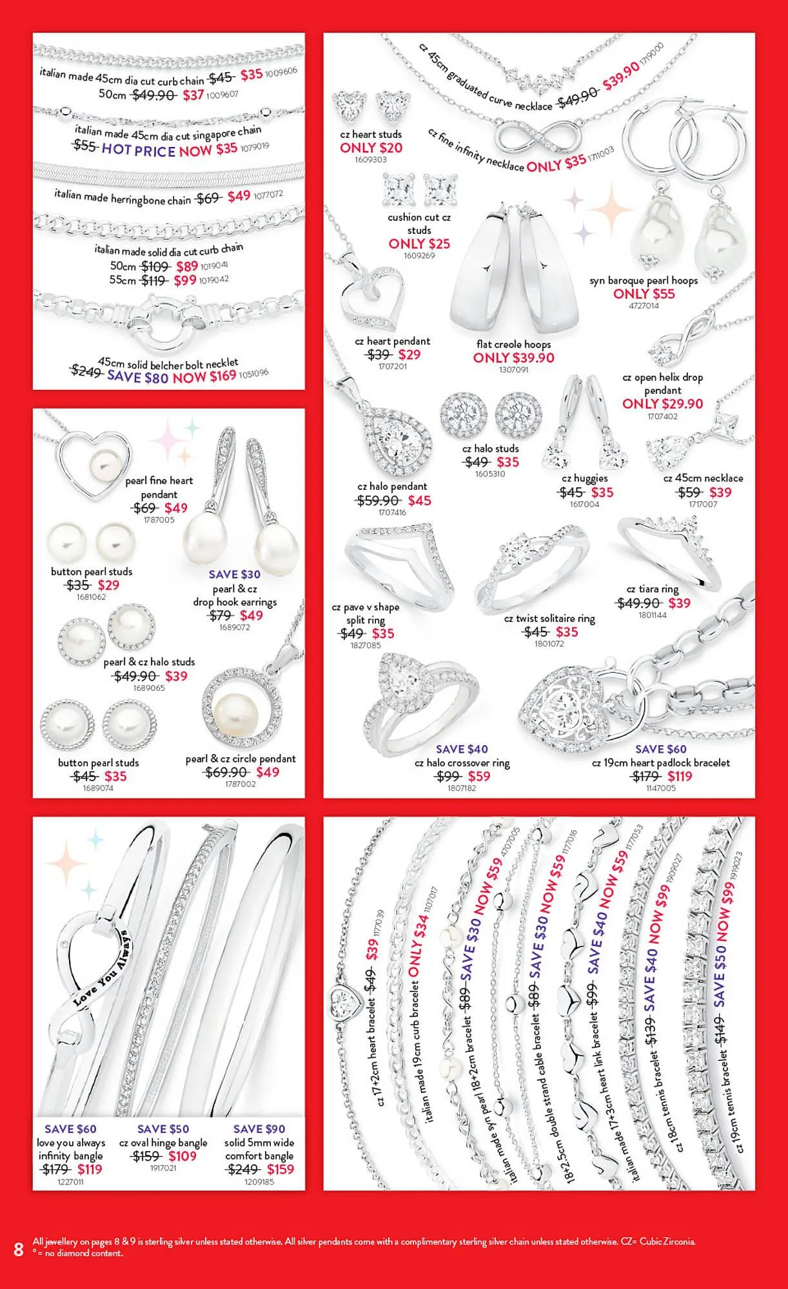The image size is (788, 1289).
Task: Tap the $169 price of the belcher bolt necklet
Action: (x=222, y=375)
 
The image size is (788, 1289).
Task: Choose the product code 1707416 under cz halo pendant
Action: (x=392, y=513)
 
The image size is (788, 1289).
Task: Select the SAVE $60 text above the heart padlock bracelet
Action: (x=660, y=749)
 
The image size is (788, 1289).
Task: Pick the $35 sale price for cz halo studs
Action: (x=507, y=462)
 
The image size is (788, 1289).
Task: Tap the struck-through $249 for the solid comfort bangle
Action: (x=242, y=1169)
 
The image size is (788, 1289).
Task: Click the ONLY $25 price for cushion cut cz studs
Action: (x=419, y=244)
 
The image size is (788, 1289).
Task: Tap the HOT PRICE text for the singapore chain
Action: (x=138, y=150)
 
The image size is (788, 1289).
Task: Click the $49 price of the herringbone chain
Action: (x=239, y=196)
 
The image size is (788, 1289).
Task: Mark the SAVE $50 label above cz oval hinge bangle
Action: (x=163, y=1129)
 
